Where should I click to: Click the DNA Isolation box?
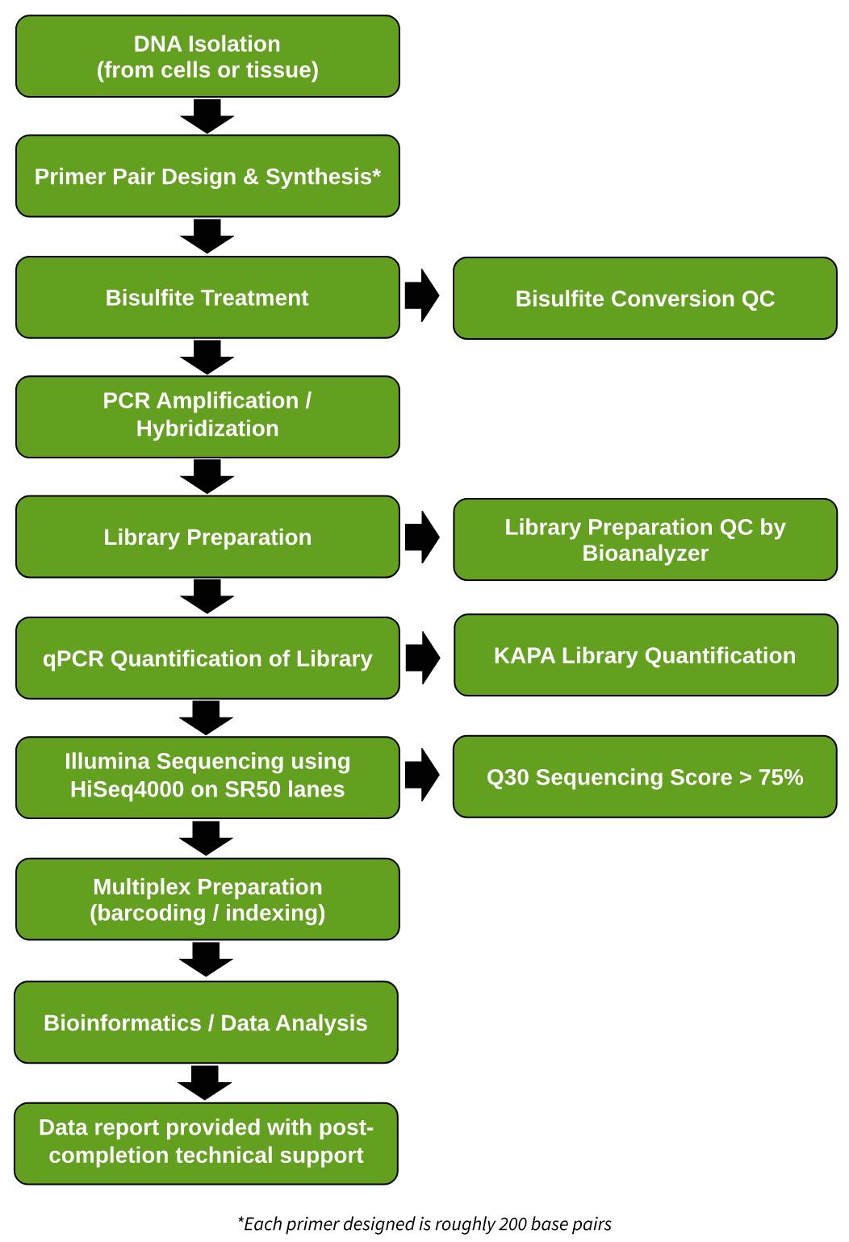point(207,56)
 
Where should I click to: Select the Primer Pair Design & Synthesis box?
point(207,176)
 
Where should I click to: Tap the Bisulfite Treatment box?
point(207,298)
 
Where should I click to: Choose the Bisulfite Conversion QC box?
point(644,299)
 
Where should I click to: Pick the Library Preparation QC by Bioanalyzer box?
point(644,539)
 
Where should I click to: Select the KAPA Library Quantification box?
point(645,655)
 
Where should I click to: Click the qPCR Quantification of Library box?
point(207,658)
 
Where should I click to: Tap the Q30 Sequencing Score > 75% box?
point(644,776)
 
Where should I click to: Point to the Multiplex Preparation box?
point(207,899)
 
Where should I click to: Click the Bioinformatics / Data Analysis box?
point(206,1022)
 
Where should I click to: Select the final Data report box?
point(206,1143)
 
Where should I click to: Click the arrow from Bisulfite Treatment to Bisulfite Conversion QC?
point(422,296)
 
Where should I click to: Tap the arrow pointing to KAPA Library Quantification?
point(422,657)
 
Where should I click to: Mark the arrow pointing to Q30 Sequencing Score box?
point(422,775)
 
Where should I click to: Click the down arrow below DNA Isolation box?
point(207,116)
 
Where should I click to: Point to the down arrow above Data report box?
point(205,1082)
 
